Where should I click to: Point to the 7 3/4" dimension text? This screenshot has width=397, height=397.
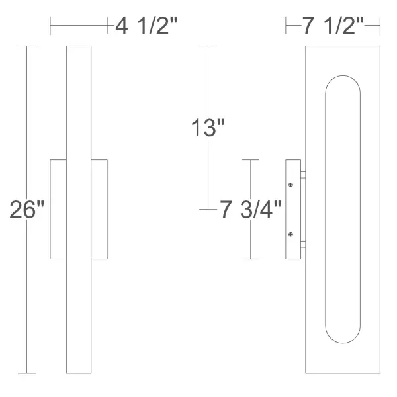pyautogui.click(x=251, y=210)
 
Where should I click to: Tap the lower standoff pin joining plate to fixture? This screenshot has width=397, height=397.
pyautogui.click(x=303, y=243)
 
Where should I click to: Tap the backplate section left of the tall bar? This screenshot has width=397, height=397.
pyautogui.click(x=58, y=209)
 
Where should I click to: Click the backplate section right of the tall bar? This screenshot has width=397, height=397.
pyautogui.click(x=99, y=209)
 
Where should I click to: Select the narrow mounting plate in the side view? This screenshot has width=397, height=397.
pyautogui.click(x=292, y=209)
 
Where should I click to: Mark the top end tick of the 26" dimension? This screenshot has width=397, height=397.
pyautogui.click(x=26, y=46)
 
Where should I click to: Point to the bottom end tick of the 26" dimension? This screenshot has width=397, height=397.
pyautogui.click(x=26, y=373)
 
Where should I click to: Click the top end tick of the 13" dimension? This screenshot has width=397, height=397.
pyautogui.click(x=208, y=46)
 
